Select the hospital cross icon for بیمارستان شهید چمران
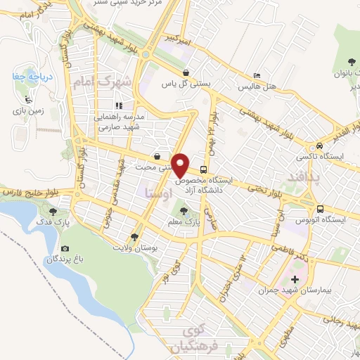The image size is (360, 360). (x=295, y=281)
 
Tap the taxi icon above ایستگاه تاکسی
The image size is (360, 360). (x=319, y=143)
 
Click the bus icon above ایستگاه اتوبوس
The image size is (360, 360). (x=320, y=209)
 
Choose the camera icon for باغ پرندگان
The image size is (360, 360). (x=65, y=248)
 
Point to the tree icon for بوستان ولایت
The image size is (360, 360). (x=135, y=237)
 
